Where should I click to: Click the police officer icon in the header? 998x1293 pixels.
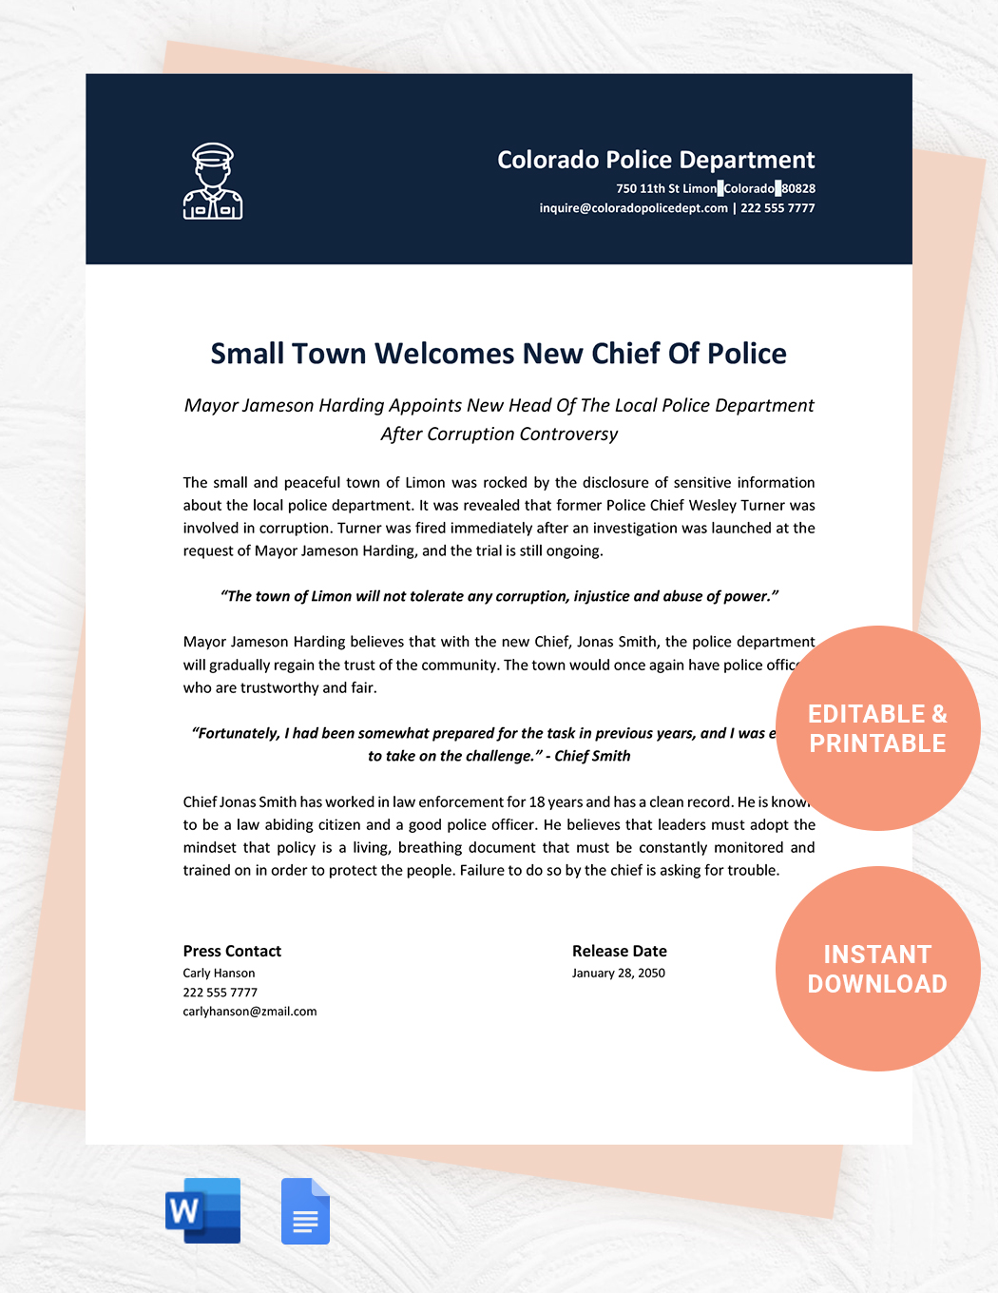tap(212, 182)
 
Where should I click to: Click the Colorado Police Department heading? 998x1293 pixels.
tap(656, 160)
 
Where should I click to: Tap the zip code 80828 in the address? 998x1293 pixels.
tap(798, 189)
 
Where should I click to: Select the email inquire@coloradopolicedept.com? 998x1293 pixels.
tap(633, 208)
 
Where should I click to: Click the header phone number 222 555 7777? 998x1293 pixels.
tap(777, 208)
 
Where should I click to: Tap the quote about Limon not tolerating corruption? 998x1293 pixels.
tap(499, 596)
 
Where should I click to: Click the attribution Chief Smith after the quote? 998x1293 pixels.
tap(592, 756)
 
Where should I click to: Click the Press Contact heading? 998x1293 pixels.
tap(232, 951)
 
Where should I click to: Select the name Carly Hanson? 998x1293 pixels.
tap(219, 974)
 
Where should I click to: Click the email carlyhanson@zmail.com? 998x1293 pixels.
tap(250, 1012)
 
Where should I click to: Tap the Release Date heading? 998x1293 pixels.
tap(619, 951)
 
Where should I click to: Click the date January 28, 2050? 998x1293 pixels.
tap(618, 974)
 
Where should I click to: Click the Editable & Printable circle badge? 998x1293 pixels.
tap(877, 728)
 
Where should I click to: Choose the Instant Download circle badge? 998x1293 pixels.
tap(877, 969)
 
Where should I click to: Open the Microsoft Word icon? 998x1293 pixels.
tap(203, 1210)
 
